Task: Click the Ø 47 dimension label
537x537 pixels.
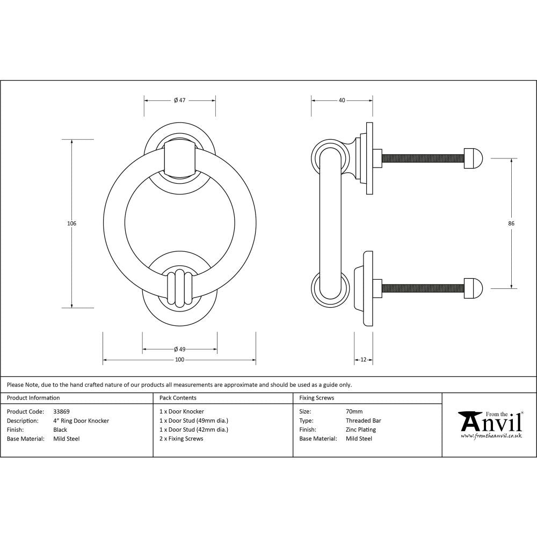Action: [179, 100]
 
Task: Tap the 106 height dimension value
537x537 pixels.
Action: [72, 223]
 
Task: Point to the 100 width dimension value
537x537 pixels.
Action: [179, 360]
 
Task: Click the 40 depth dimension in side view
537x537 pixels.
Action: [342, 100]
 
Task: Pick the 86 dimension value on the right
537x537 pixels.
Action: [511, 223]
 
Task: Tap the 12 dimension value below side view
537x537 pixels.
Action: [364, 360]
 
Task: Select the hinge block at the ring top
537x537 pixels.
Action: [179, 158]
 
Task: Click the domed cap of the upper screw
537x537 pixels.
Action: [473, 158]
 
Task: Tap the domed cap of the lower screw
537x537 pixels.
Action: [473, 288]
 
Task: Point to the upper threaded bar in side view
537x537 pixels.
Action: [422, 158]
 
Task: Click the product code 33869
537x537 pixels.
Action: [61, 412]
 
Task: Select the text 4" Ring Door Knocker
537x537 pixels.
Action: [81, 421]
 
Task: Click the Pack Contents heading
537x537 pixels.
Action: [178, 398]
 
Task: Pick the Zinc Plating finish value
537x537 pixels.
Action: [361, 430]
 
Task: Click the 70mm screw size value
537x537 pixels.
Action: [354, 412]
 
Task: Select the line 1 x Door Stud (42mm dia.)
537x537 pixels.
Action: [193, 430]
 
